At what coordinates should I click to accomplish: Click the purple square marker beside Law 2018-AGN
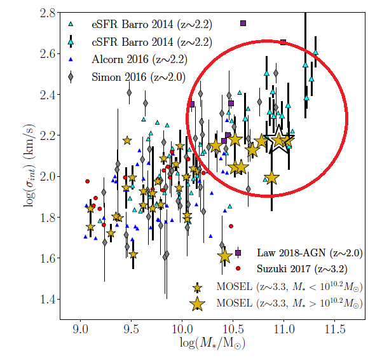238,253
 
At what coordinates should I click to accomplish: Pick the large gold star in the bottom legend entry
198,304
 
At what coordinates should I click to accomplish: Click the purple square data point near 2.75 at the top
243,24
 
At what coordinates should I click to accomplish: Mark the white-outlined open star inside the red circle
279,141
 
